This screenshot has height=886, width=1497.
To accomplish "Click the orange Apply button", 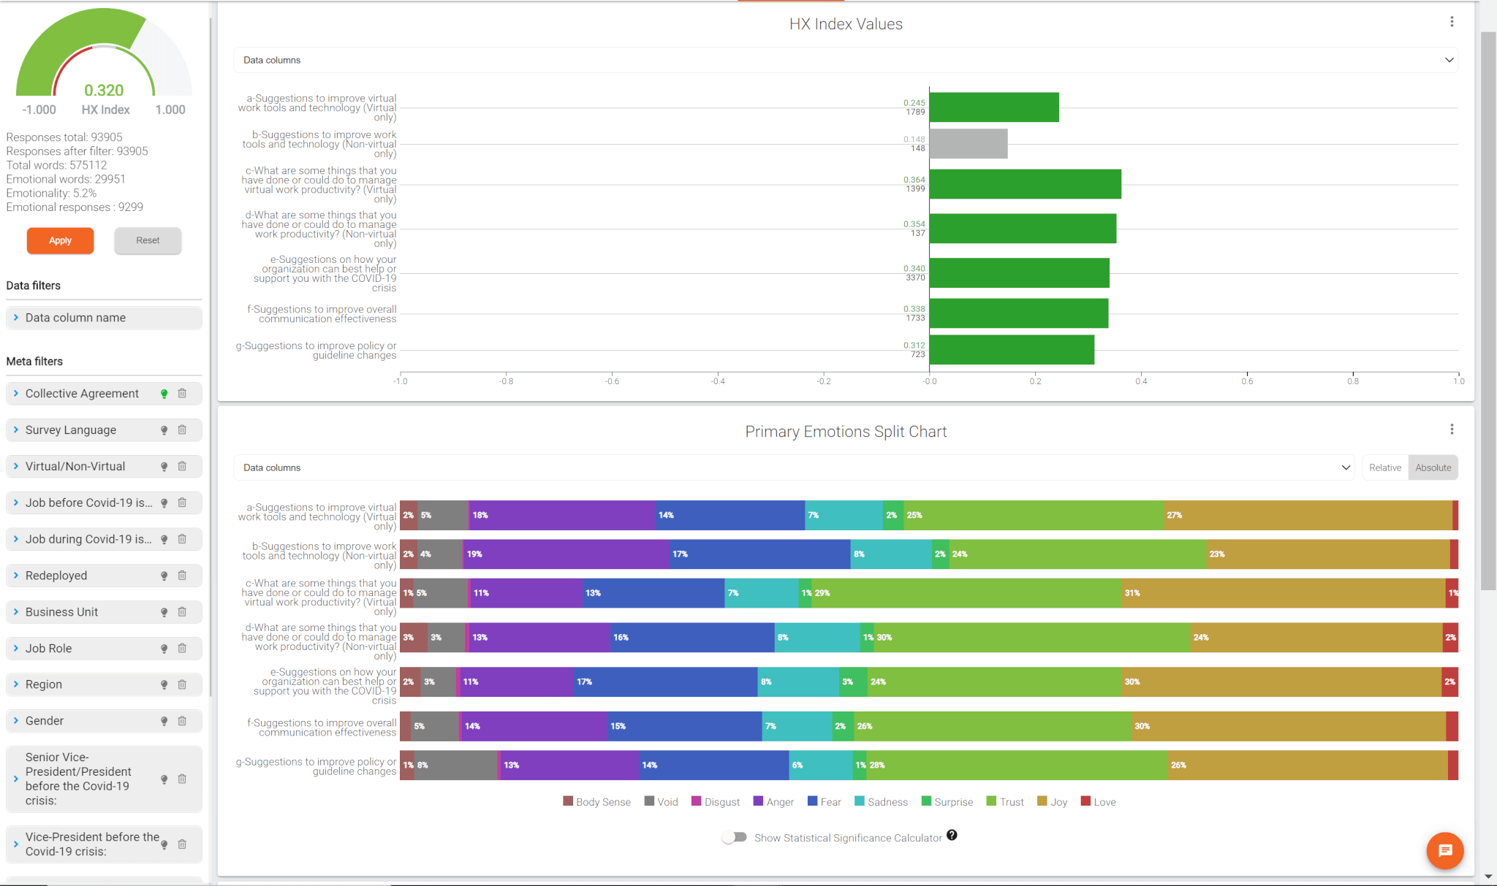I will (60, 240).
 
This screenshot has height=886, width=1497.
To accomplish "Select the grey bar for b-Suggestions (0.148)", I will (968, 144).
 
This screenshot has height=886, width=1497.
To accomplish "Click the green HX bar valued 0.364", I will (1025, 184).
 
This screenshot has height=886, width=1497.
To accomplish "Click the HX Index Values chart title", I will (846, 24).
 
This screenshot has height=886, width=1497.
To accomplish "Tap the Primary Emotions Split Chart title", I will (846, 432).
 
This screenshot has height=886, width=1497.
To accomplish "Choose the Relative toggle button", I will (1384, 467).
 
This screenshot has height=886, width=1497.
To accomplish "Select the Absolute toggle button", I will (1433, 467).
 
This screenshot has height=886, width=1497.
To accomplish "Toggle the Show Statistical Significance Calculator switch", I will (734, 837).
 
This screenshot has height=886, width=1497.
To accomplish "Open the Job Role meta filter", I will (48, 649).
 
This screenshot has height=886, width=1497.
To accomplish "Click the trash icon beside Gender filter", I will (182, 721).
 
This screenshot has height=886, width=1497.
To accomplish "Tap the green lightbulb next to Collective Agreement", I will (164, 394).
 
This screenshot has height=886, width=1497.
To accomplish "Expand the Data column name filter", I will (75, 318).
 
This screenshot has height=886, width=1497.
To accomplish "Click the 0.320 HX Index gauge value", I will (104, 91).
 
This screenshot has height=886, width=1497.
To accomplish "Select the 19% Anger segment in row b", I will (566, 554).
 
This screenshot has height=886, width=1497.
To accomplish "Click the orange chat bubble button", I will (1444, 850).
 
